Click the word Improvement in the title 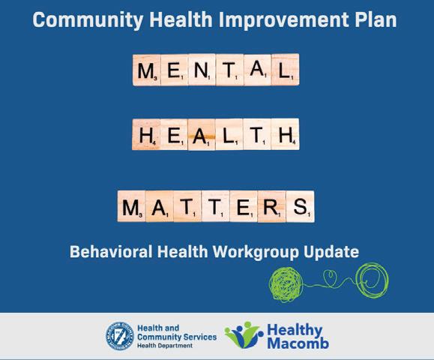pyautogui.click(x=284, y=20)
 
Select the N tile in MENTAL pyautogui.click(x=202, y=70)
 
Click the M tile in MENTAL pyautogui.click(x=147, y=70)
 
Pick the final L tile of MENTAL pyautogui.click(x=286, y=70)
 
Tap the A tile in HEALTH pyautogui.click(x=202, y=134)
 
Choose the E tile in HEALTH pyautogui.click(x=174, y=134)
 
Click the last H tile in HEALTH pyautogui.click(x=285, y=134)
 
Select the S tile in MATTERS pyautogui.click(x=301, y=206)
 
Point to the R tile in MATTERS pyautogui.click(x=272, y=206)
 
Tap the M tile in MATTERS pyautogui.click(x=131, y=206)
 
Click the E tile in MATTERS pyautogui.click(x=244, y=206)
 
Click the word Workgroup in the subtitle pyautogui.click(x=256, y=252)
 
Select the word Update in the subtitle pyautogui.click(x=331, y=252)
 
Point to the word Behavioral pyautogui.click(x=111, y=251)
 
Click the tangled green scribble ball pyautogui.click(x=286, y=284)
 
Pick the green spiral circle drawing pyautogui.click(x=373, y=279)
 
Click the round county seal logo pyautogui.click(x=120, y=336)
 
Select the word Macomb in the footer pyautogui.click(x=298, y=343)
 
